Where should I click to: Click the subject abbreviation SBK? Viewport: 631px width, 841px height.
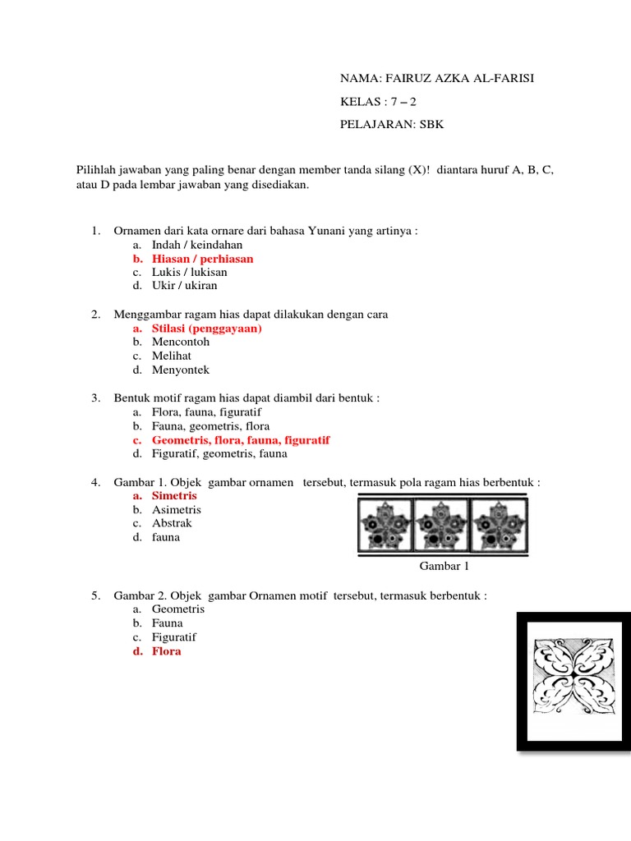coord(432,125)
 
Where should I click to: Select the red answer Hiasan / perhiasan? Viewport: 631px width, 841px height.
coord(202,259)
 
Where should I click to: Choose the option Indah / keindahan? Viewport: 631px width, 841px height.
coord(197,245)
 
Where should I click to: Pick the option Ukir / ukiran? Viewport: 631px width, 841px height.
coord(184,286)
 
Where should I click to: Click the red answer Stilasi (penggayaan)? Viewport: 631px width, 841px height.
coord(206,329)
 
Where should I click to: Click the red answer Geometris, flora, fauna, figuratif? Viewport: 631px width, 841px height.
coord(241,440)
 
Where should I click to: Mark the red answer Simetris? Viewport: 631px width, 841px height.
coord(174,496)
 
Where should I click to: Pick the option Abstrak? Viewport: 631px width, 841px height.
coord(172,523)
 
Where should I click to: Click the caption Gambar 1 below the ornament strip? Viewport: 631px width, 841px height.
coord(444,566)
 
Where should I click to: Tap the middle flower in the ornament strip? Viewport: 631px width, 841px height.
coord(440,526)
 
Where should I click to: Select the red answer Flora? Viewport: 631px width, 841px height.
coord(166,651)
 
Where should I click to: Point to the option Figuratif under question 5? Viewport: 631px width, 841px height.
coord(174,637)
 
